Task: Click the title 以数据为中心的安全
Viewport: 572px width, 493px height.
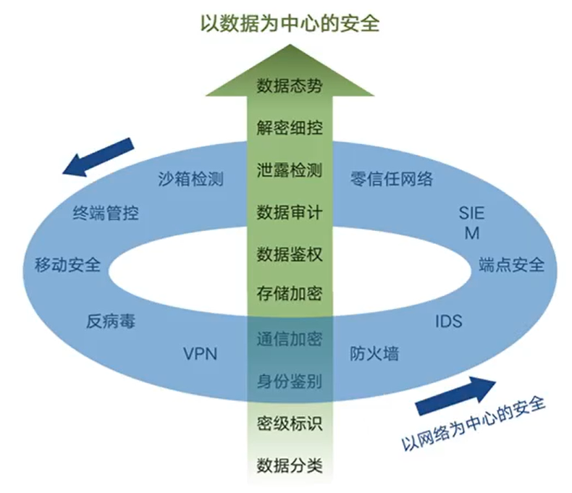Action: coord(290,24)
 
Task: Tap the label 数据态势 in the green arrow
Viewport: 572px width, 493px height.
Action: coord(290,85)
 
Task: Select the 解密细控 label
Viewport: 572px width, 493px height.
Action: coord(290,127)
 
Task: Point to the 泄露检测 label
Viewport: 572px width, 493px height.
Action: coord(290,170)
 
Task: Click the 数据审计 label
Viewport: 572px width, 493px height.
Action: coord(290,212)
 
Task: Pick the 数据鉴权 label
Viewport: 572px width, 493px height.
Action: coord(290,254)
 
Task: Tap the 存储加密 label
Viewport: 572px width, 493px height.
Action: coord(290,293)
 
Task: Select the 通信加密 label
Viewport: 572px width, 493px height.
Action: coord(290,339)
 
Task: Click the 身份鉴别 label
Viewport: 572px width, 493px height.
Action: coord(290,382)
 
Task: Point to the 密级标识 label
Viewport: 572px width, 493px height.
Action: coord(290,424)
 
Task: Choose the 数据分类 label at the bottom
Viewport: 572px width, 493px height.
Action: coord(290,465)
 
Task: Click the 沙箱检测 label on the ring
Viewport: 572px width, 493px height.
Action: coord(191,179)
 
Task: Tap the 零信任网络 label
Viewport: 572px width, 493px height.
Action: coord(392,179)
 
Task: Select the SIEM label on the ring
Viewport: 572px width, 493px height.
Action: coord(471,223)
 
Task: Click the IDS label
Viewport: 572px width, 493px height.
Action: coord(449,321)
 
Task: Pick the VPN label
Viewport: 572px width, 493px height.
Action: coord(201,354)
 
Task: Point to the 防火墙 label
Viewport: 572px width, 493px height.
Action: coord(374,353)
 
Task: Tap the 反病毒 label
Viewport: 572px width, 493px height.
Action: coord(111,321)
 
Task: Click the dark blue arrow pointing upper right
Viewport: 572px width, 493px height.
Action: coord(456,396)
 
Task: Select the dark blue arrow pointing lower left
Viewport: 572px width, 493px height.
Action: coord(98,157)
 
